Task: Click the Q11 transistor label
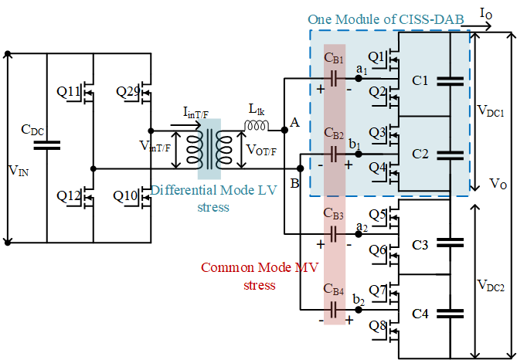tap(69, 92)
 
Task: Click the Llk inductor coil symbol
tap(257, 125)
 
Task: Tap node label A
tap(294, 123)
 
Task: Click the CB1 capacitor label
tap(335, 59)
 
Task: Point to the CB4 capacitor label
tap(333, 290)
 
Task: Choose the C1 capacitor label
tap(420, 80)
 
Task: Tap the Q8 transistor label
tap(376, 325)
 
